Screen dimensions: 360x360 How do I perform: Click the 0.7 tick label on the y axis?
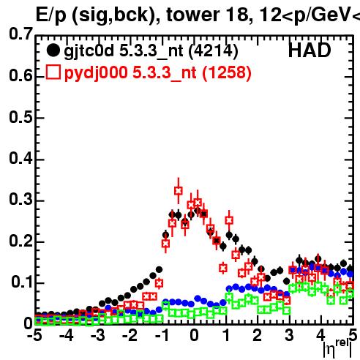20,34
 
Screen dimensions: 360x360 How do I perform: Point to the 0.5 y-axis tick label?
20,117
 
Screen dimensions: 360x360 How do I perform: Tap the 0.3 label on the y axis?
20,199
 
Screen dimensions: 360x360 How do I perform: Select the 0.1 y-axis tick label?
21,282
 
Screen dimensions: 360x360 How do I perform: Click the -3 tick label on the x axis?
97,336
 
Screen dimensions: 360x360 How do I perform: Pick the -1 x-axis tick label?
162,336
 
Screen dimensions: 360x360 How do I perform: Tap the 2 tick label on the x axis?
258,336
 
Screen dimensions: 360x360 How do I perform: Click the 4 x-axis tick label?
321,336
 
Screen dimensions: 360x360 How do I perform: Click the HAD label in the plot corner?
310,50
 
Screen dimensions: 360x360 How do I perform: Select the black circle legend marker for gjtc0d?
53,50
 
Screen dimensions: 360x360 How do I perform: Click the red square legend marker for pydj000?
53,72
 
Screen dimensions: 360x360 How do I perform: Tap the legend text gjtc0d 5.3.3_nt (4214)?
151,51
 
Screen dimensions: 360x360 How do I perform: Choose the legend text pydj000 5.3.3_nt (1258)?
158,73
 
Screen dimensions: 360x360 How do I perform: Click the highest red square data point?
179,191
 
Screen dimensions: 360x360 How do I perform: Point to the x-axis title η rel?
338,348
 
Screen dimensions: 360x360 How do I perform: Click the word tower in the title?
192,15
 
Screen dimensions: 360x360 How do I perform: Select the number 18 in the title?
236,15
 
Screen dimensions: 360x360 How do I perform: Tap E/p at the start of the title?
51,15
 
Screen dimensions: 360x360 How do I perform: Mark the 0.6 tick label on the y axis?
20,75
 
